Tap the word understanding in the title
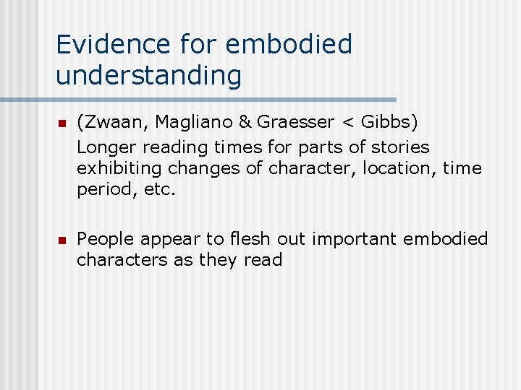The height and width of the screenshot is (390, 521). (148, 74)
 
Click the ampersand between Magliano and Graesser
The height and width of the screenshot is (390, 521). (245, 125)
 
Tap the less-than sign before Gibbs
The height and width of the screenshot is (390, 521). (348, 126)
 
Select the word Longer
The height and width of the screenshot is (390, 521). (106, 147)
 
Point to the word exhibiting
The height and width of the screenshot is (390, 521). (119, 168)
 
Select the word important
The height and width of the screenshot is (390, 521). (347, 239)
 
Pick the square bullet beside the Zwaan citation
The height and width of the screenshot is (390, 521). (62, 126)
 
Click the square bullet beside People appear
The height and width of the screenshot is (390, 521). (62, 240)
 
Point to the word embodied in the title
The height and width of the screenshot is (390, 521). (289, 44)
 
